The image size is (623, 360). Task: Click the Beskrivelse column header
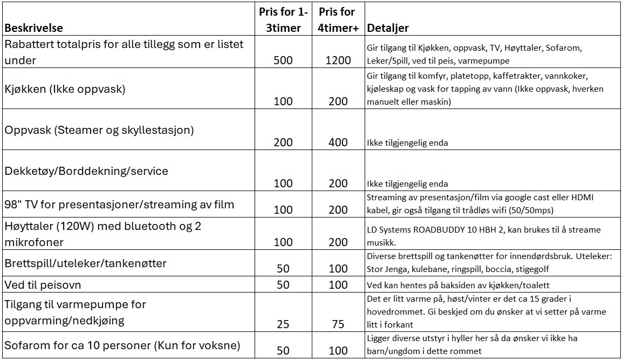[x=33, y=28]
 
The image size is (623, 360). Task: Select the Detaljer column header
[x=387, y=28]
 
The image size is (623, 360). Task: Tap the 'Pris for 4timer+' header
[x=338, y=20]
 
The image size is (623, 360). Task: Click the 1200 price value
[x=338, y=60]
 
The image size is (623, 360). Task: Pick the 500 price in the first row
[x=283, y=60]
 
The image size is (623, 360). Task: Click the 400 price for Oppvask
[x=338, y=142]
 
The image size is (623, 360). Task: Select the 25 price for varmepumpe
[x=283, y=324]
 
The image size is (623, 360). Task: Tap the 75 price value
[x=338, y=324]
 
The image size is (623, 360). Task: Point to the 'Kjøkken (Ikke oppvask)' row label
[x=65, y=89]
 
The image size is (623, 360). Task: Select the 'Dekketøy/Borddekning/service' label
[x=86, y=171]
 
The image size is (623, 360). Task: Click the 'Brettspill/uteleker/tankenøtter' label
[x=86, y=263]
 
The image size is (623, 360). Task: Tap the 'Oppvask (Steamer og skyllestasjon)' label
[x=99, y=130]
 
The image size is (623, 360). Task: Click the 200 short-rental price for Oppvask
[x=283, y=142]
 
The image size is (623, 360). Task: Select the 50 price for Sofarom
[x=283, y=351]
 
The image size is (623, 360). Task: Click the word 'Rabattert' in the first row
[x=30, y=45]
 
